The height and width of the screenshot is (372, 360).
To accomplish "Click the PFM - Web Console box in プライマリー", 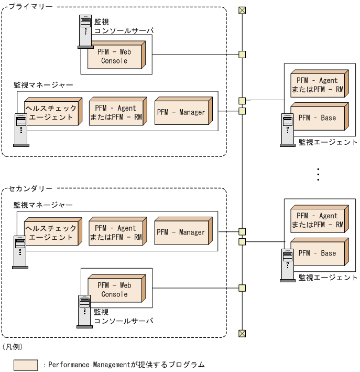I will [114, 56].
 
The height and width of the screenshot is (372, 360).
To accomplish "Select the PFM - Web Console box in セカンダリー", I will [114, 290].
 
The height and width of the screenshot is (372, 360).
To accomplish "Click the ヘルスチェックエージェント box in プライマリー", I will [50, 113].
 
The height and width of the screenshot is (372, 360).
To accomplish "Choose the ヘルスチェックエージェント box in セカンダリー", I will [50, 232].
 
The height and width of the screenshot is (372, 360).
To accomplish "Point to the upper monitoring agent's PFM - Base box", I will [318, 118].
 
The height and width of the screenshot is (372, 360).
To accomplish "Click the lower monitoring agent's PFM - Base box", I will [318, 253].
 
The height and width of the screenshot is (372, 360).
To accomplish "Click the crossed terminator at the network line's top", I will [242, 10].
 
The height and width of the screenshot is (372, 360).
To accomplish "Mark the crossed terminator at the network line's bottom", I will [242, 333].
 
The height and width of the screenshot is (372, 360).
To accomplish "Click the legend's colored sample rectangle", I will [26, 365].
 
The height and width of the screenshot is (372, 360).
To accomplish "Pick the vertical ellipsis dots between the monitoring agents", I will [318, 174].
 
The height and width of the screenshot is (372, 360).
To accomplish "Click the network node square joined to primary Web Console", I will [242, 54].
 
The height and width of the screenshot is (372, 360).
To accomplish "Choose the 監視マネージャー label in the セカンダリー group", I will [43, 205].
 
